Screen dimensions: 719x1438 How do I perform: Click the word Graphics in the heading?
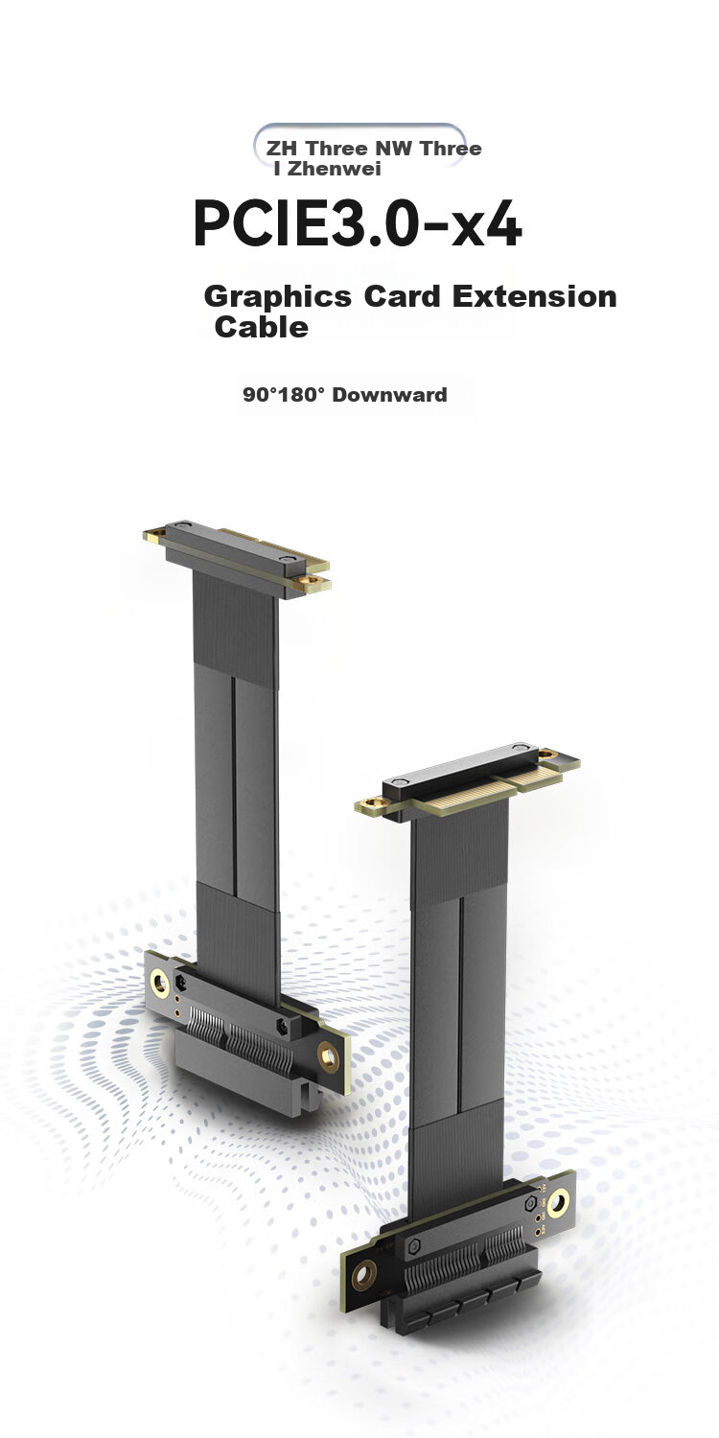[x=277, y=297]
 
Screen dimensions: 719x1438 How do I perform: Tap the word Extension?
[x=535, y=296]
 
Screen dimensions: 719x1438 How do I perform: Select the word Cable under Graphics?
[x=262, y=328]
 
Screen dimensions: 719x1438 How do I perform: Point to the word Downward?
[x=389, y=394]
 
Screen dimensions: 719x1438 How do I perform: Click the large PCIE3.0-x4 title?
[x=358, y=224]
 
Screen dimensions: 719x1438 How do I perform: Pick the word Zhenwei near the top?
[x=334, y=169]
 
